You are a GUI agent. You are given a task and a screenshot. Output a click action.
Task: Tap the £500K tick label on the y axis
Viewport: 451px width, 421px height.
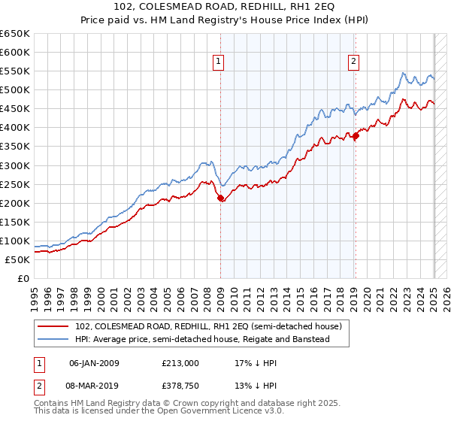coord(14,90)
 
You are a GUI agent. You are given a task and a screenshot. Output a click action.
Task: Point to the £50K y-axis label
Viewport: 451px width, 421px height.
coord(17,259)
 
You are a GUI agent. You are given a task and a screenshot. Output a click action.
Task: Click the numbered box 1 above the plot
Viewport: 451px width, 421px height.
coord(219,62)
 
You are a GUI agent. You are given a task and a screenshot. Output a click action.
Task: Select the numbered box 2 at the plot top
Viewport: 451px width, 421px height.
coord(353,62)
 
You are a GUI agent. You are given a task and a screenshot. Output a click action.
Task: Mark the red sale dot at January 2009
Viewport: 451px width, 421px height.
coord(220,198)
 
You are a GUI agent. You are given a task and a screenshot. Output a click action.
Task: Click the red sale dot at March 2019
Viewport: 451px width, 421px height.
coord(356,135)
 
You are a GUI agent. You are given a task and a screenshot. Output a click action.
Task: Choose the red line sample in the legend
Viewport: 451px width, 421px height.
coord(53,326)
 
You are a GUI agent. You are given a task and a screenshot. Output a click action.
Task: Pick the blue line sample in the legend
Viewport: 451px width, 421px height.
coord(53,340)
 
